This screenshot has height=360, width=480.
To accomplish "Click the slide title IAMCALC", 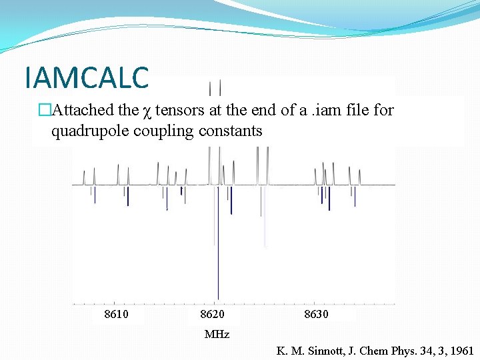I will coord(86,78).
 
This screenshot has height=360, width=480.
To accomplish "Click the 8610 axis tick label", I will coord(117,314).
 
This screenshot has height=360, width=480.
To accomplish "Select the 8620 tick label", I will coord(213,314).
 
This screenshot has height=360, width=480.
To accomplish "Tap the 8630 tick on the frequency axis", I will coord(316,314).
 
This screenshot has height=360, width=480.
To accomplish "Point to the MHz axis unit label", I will coord(217,334).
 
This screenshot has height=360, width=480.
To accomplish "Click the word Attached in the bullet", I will coord(76,110).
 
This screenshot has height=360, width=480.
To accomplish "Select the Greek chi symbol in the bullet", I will coord(146,111).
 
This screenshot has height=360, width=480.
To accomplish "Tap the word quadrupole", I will coord(89,131).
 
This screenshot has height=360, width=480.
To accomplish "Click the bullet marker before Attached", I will coord(44,110).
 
